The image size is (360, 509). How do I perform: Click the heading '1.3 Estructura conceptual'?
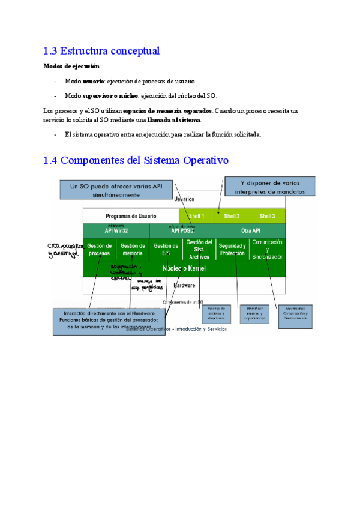tap(101, 51)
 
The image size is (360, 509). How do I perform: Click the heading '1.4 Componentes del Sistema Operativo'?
tap(136, 160)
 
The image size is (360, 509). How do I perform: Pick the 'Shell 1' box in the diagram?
tap(197, 216)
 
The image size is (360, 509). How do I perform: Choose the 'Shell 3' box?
tap(268, 216)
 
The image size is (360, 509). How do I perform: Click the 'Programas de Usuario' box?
tap(131, 216)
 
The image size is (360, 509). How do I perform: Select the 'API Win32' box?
tap(116, 230)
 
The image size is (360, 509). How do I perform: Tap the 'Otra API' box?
tap(250, 230)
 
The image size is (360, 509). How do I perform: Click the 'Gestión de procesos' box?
tap(100, 250)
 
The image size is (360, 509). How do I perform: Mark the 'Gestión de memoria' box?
tap(133, 250)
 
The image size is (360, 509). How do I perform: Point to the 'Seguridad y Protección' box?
tap(232, 250)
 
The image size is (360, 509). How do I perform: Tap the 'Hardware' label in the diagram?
tap(184, 285)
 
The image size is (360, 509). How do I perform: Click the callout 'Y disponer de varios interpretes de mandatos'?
tap(269, 187)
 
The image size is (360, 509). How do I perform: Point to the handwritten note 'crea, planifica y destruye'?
tap(63, 249)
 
